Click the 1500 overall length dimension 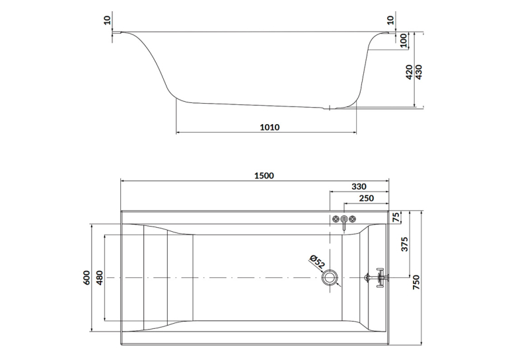click(264, 176)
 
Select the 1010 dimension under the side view click(270, 127)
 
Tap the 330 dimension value click(359, 187)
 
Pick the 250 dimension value click(366, 198)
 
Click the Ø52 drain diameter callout click(317, 262)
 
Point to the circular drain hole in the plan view click(330, 277)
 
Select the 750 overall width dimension click(416, 282)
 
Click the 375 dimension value click(405, 244)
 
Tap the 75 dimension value click(396, 217)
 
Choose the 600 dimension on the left click(87, 277)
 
